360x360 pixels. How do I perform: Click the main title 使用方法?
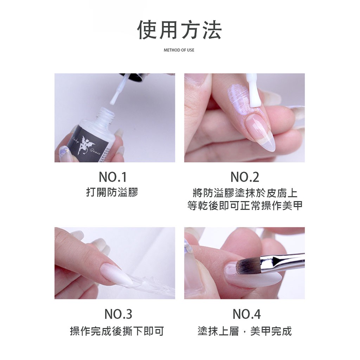tap(179, 30)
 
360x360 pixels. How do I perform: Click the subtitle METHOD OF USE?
tap(179, 50)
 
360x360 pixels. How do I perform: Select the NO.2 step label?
tap(245, 177)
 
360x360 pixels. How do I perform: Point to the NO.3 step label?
tap(118, 314)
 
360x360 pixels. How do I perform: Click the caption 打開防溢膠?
tap(112, 193)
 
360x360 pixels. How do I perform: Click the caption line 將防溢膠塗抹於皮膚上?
tap(245, 193)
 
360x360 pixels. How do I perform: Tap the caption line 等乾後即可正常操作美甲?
tap(245, 206)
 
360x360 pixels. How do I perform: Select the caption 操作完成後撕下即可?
tap(117, 331)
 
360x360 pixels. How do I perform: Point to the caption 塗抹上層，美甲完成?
tap(245, 331)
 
